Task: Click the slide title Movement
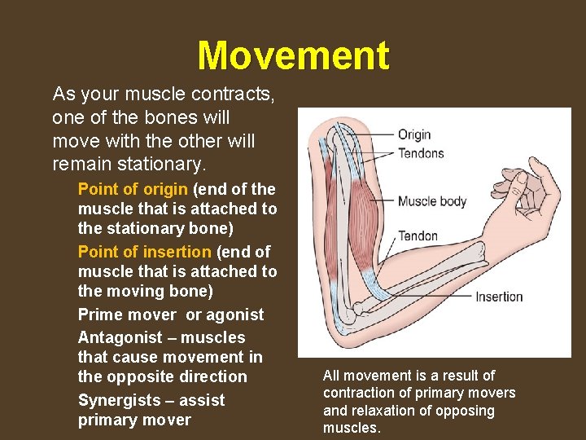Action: pos(293,56)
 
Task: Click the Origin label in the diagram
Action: pos(413,134)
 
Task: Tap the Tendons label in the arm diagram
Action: pos(421,153)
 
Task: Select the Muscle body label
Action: pos(433,200)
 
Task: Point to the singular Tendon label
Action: pos(418,236)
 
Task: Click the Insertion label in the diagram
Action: pos(499,297)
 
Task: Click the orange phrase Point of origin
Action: pos(133,189)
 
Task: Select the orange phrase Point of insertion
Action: pos(144,252)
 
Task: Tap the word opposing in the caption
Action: pos(467,411)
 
